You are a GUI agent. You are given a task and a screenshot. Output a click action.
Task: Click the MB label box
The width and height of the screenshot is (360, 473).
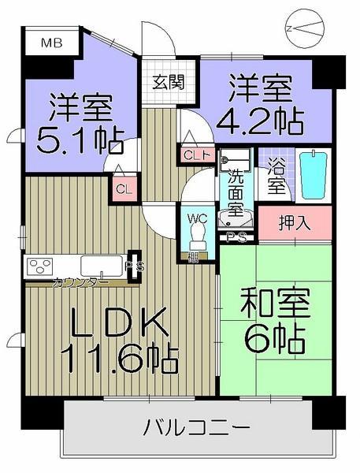pyautogui.click(x=49, y=43)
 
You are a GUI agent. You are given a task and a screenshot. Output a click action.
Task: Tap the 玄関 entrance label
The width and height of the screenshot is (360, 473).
pyautogui.click(x=168, y=81)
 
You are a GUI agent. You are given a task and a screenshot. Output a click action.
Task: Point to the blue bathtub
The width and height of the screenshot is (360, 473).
pyautogui.click(x=313, y=175)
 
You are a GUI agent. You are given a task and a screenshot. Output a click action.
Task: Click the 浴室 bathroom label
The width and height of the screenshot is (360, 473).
pyautogui.click(x=276, y=177)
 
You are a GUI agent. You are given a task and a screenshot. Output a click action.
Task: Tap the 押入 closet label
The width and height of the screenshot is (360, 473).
pyautogui.click(x=295, y=222)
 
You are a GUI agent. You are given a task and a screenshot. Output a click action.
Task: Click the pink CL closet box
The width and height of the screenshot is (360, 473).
pyautogui.click(x=123, y=189)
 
